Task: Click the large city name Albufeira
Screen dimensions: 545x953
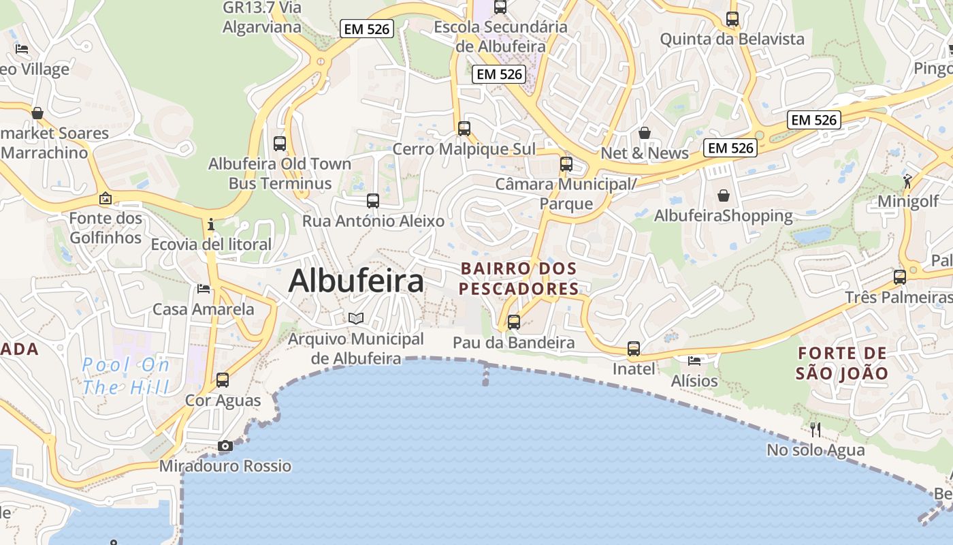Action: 356,281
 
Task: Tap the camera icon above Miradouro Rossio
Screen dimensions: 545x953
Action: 225,446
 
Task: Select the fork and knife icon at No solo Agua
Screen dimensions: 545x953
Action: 815,430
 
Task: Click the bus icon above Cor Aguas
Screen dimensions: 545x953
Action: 223,380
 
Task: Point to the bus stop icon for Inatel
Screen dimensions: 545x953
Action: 634,349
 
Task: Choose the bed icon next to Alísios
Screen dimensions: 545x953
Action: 694,360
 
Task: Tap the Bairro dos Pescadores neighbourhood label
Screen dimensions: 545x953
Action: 519,279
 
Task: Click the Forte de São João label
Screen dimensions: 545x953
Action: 842,363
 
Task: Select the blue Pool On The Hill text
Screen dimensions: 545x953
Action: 126,376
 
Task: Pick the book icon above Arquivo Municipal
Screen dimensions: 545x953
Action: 356,318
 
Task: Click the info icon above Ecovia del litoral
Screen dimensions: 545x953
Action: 211,223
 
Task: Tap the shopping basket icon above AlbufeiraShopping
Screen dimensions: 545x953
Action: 724,196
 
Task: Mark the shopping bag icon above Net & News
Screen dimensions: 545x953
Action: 645,133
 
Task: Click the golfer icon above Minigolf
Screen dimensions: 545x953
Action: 907,181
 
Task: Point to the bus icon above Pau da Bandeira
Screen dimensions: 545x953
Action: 514,322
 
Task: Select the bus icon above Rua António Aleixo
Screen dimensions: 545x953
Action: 373,201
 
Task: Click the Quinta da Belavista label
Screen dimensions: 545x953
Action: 732,39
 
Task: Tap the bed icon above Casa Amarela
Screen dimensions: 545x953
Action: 204,289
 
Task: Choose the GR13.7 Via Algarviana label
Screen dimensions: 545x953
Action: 262,18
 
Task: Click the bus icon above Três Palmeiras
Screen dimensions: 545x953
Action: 900,277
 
